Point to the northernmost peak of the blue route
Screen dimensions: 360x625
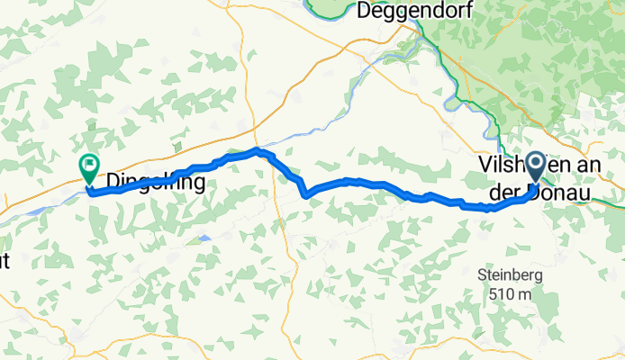258,149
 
